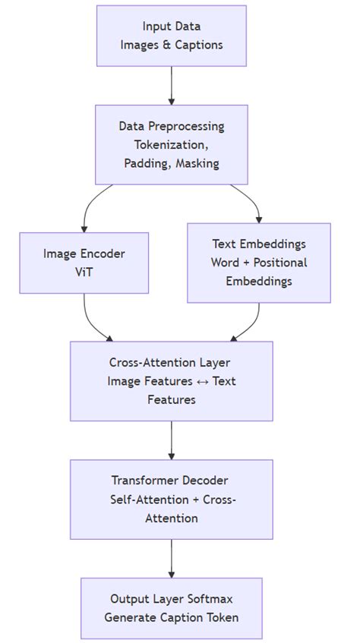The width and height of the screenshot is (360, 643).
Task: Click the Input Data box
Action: click(172, 36)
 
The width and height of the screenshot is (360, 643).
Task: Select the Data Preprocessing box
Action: click(172, 144)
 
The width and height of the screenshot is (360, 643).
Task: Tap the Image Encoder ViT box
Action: click(84, 263)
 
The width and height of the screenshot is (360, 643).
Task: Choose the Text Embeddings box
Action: click(259, 263)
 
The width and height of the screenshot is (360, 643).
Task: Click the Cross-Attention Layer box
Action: click(172, 380)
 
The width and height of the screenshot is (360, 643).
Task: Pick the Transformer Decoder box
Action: click(172, 499)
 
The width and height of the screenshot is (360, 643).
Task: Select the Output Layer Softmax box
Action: click(172, 607)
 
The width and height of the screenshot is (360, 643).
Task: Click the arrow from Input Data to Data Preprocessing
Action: click(172, 85)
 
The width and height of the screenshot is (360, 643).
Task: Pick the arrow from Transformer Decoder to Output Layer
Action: click(172, 558)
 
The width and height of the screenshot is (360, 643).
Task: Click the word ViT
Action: click(84, 273)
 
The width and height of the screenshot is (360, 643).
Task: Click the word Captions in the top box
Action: click(199, 45)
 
